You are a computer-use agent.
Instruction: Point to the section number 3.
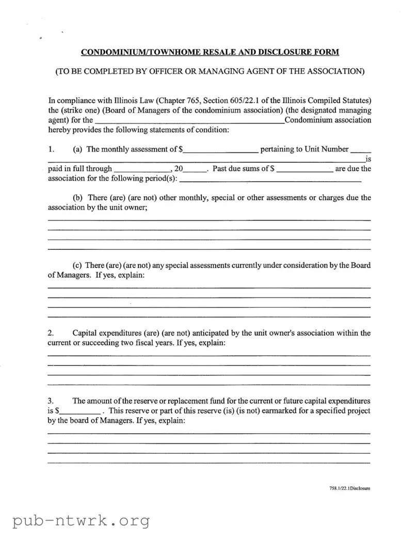[x=50, y=401]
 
